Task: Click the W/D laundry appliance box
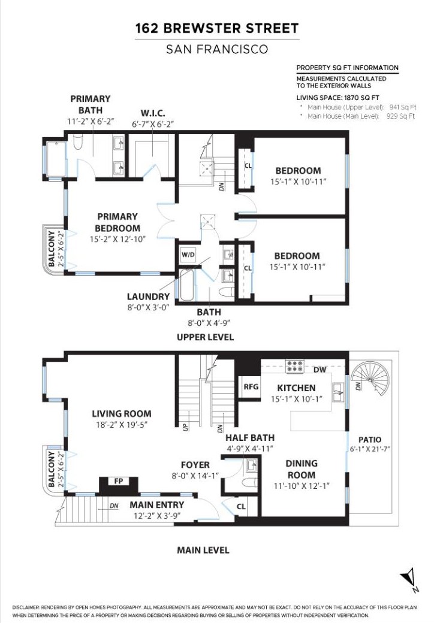(188, 254)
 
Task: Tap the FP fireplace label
(119, 481)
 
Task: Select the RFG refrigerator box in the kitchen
(251, 386)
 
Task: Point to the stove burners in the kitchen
(295, 366)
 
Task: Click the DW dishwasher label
(320, 370)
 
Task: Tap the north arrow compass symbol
(410, 579)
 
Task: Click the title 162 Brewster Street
(217, 28)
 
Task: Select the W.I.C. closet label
(153, 113)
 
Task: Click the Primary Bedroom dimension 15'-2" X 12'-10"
(117, 239)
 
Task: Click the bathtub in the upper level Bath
(187, 285)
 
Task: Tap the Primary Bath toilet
(78, 142)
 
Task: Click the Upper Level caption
(205, 337)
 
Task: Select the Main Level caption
(203, 551)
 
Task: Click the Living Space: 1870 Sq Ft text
(338, 98)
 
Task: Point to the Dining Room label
(302, 469)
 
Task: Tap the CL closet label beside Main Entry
(241, 507)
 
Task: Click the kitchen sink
(339, 392)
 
